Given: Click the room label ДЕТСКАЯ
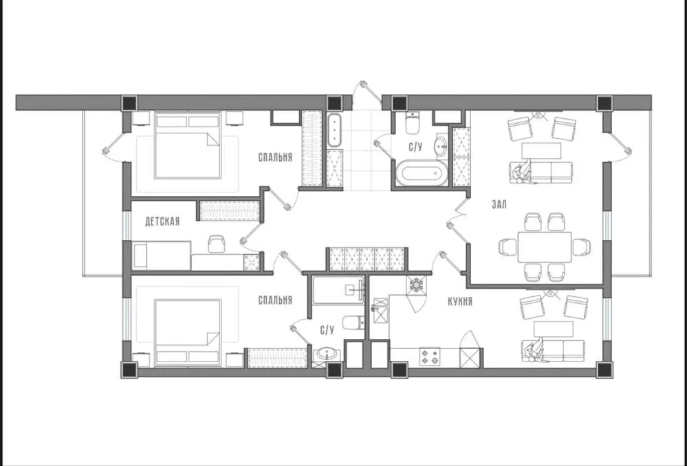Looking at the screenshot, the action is [x=162, y=221].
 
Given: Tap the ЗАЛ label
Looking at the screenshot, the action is [x=499, y=205].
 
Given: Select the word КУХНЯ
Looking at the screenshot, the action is [x=460, y=302].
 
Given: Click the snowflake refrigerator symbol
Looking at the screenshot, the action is [x=415, y=285].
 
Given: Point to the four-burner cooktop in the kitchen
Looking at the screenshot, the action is [x=429, y=357].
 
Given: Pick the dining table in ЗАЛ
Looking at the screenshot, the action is [x=545, y=247].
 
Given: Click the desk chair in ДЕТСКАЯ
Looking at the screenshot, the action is [x=217, y=244].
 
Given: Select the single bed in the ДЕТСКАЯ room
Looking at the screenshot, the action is [x=162, y=256].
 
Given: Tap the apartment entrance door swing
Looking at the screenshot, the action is [x=367, y=93].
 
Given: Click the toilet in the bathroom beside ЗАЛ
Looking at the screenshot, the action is [x=413, y=122].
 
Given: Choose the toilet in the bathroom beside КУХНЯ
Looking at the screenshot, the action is [x=353, y=323].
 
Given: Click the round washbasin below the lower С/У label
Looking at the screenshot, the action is [x=327, y=354].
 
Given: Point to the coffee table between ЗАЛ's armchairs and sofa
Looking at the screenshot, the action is [x=541, y=151].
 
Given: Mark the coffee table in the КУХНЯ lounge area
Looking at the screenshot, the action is [x=554, y=329].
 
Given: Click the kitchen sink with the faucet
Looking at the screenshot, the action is [x=380, y=310].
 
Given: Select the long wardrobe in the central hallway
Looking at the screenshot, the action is [x=367, y=259].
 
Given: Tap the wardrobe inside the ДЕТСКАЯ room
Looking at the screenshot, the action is [x=230, y=210].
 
